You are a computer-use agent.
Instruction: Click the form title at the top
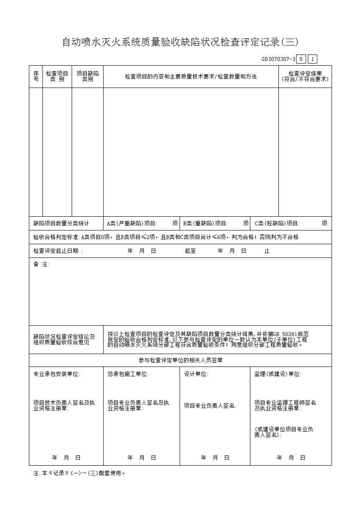click(180, 42)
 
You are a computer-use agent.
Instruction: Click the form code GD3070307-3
click(278, 59)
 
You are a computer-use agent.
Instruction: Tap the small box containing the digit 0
click(302, 59)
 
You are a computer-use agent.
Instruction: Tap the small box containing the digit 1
click(312, 59)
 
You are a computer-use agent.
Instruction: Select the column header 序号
click(36, 76)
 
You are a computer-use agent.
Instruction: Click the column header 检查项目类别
click(57, 76)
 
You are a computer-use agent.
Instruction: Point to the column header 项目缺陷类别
click(88, 76)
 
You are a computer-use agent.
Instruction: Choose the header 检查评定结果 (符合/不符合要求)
click(305, 76)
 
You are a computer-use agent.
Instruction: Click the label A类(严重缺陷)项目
click(132, 223)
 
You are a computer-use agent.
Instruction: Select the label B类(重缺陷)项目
click(205, 223)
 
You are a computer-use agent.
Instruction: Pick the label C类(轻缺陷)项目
click(277, 223)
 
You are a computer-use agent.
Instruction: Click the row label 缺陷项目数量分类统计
click(61, 223)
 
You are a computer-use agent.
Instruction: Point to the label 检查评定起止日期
click(58, 251)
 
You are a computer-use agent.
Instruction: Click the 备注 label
click(41, 264)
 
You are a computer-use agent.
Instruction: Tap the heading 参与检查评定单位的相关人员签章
click(180, 361)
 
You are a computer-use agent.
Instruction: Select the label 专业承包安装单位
click(57, 374)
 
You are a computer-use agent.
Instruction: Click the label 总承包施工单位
click(128, 374)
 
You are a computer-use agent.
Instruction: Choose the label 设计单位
click(196, 374)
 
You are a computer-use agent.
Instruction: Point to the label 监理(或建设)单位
click(278, 374)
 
